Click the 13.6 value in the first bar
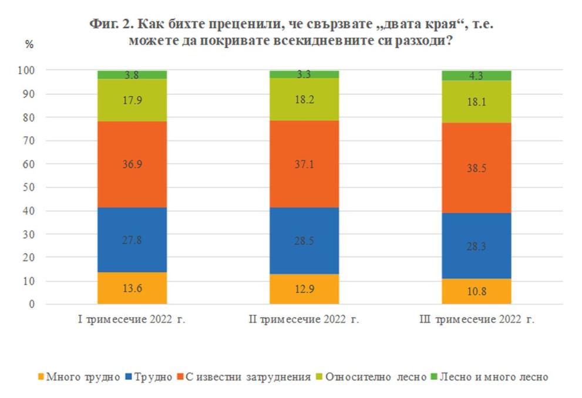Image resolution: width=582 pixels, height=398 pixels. [132, 289]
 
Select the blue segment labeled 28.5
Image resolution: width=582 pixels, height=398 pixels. [304, 241]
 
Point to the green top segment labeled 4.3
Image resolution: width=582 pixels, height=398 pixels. [476, 76]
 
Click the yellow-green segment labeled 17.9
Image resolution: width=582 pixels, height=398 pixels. [132, 100]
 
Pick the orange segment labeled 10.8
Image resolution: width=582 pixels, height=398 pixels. [476, 292]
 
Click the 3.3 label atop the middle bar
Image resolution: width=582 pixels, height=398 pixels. [304, 75]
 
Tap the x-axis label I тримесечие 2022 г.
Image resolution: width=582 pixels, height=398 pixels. [132, 320]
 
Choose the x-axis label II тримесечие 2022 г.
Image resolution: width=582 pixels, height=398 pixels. [304, 320]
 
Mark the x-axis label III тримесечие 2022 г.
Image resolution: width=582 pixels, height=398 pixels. [476, 320]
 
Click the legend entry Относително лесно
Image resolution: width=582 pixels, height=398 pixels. [376, 377]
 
